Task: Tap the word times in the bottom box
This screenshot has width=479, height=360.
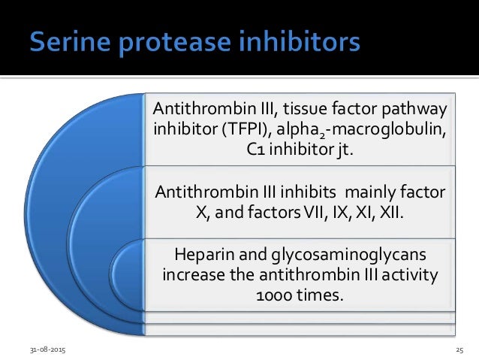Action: click(x=321, y=293)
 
